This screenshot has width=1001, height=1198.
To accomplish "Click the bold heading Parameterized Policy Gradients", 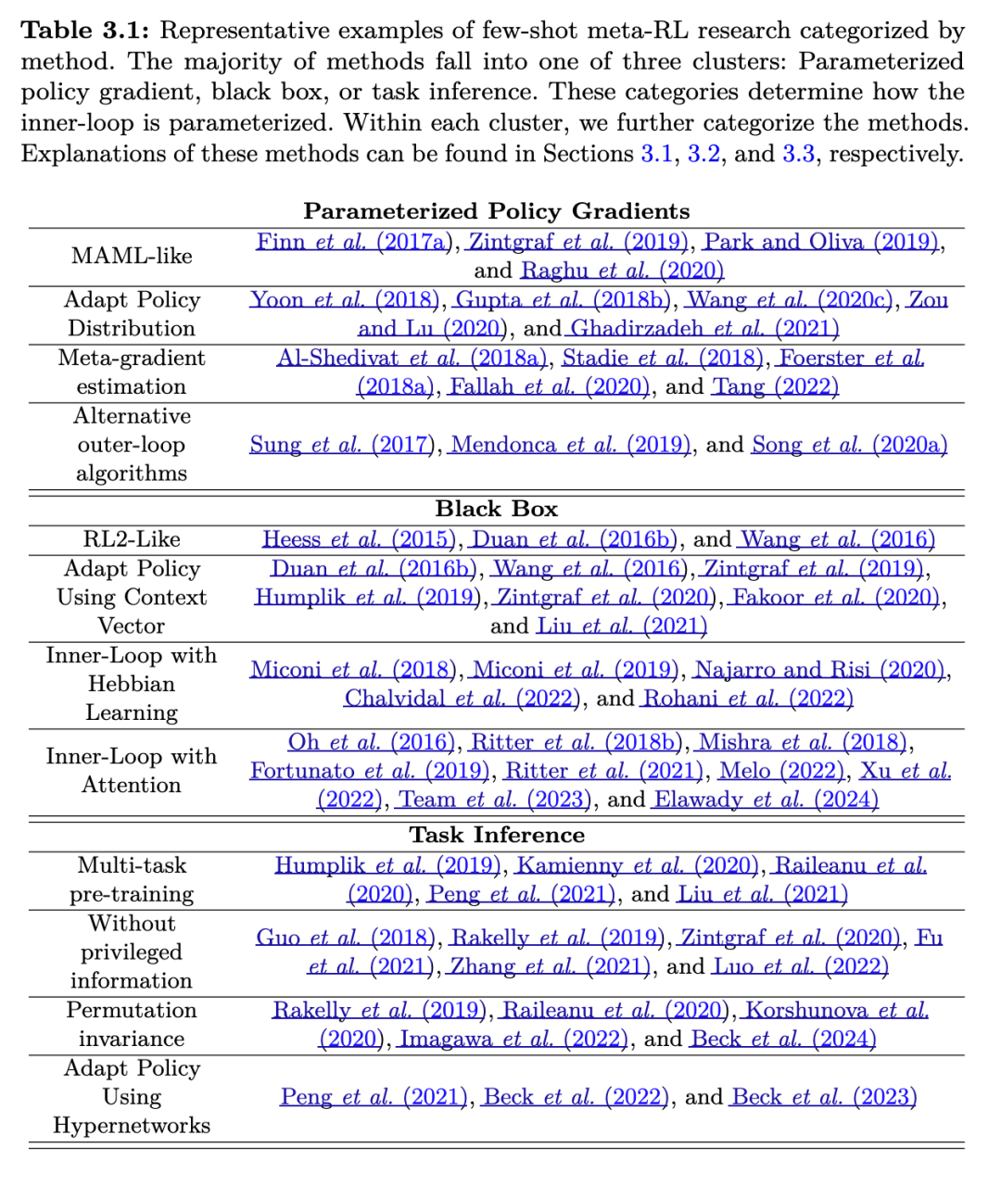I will click(x=496, y=211).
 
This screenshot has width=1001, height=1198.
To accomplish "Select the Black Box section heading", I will click(x=496, y=509).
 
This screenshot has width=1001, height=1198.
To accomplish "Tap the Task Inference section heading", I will click(x=496, y=835).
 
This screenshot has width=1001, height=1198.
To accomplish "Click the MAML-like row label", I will click(x=132, y=256).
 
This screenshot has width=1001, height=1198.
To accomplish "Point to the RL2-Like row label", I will click(x=132, y=539).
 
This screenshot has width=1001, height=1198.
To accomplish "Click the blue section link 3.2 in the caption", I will click(x=703, y=154).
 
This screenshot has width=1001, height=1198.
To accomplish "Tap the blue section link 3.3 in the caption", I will click(x=799, y=154).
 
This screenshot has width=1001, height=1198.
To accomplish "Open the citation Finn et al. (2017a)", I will click(x=353, y=242).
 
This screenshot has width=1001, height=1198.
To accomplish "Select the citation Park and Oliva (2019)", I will click(x=821, y=242).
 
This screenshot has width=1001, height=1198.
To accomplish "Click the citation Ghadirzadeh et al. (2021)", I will click(x=704, y=328).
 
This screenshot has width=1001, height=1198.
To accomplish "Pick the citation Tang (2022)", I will click(x=775, y=386).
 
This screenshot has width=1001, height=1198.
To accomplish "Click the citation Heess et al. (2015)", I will click(x=359, y=539).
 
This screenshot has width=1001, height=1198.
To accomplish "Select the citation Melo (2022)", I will click(x=781, y=771).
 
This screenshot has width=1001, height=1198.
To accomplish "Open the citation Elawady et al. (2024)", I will click(x=766, y=800).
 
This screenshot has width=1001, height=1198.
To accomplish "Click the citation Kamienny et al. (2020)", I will click(x=637, y=865).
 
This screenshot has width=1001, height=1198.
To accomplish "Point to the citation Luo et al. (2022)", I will click(x=801, y=966).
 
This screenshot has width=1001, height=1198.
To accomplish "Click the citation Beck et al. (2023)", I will click(x=824, y=1097).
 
